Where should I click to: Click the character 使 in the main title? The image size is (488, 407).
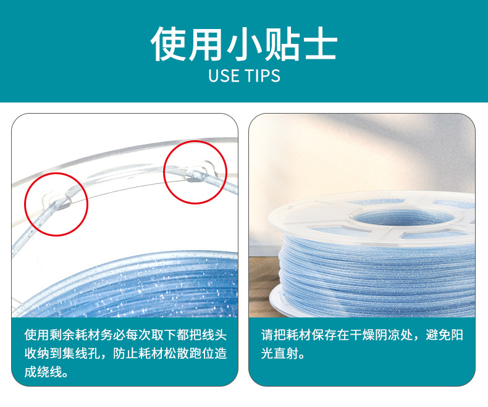click(x=168, y=44)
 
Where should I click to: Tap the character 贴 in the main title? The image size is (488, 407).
click(x=282, y=44)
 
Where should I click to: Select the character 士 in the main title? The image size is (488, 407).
click(x=321, y=44)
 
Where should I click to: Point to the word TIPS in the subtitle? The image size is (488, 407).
click(x=263, y=75)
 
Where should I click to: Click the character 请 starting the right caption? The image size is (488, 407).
click(x=267, y=335)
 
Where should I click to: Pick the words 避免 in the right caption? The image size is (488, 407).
click(x=438, y=335)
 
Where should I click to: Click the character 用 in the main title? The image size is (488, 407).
click(x=206, y=44)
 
